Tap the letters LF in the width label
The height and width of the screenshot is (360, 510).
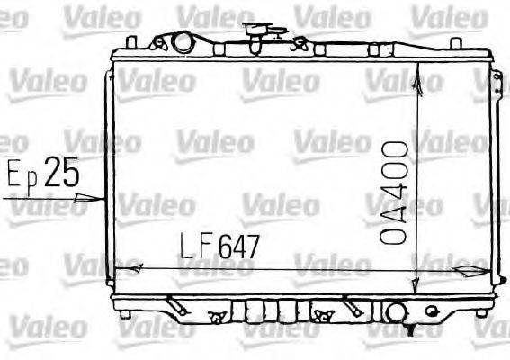coord(196,246)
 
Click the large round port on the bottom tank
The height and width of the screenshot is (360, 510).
coord(395,312)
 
